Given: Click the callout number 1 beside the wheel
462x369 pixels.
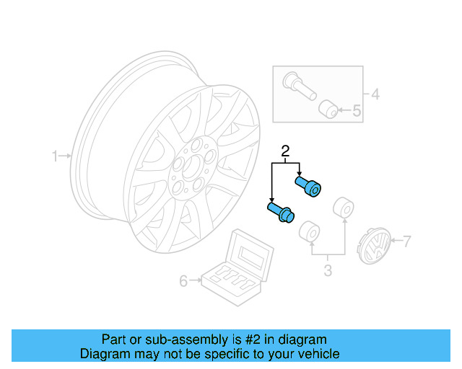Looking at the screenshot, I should [55, 156].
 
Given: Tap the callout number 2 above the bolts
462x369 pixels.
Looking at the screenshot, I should [285, 151].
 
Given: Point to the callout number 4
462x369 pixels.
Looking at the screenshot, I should [374, 94].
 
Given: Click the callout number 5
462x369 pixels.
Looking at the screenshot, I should [357, 111].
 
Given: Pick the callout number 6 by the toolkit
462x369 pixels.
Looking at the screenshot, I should [183, 280].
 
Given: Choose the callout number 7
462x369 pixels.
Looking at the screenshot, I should [406, 241].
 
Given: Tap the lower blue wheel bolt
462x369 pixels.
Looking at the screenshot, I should [279, 211].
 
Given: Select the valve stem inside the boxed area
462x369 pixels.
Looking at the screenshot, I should [296, 84].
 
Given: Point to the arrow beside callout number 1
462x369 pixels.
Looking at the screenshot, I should [66, 156].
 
